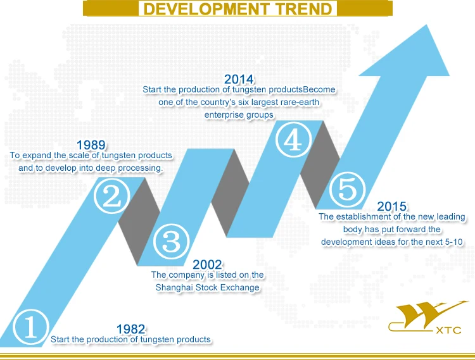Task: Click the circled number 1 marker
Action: pos(30,327)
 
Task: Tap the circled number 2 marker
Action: pos(112,196)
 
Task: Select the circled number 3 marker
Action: pos(172,242)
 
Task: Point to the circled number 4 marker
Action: pos(293,139)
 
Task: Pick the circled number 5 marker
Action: pos(347,189)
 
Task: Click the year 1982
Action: pos(131,329)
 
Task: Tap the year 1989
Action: pos(91,145)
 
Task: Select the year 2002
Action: pos(207,264)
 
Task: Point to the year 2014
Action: pos(239,79)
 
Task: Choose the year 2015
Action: pos(391,206)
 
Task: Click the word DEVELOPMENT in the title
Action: pos(206,9)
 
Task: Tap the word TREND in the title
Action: pos(304,9)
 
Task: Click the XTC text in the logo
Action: pos(448,330)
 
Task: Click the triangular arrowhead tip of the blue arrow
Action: pos(427,25)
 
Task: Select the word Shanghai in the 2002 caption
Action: pos(174,287)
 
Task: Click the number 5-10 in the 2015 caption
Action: pos(453,242)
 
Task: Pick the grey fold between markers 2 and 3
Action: pos(139,221)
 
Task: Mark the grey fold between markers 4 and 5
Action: pos(320,165)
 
